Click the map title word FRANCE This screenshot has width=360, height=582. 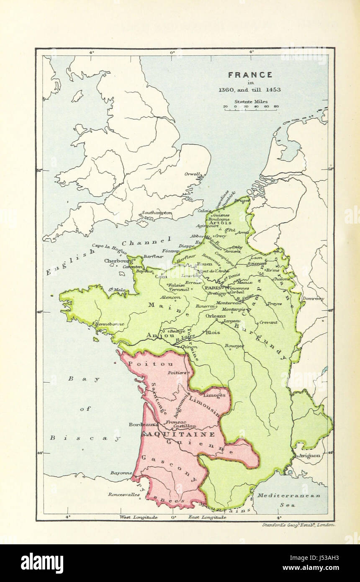coord(250,75)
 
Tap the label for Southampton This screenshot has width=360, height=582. coord(157,213)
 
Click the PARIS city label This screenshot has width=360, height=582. coord(213,288)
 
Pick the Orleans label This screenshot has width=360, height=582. coord(216,316)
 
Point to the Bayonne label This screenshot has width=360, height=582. coord(121,473)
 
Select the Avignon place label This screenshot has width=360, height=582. coord(309,456)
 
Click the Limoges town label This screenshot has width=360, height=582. coord(215,395)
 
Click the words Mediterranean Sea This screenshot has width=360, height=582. coord(288,500)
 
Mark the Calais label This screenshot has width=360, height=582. coord(204,211)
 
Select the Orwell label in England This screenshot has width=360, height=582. coord(193,174)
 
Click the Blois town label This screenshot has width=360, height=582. coord(213,332)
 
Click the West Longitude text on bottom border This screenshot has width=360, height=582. coord(139,518)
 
